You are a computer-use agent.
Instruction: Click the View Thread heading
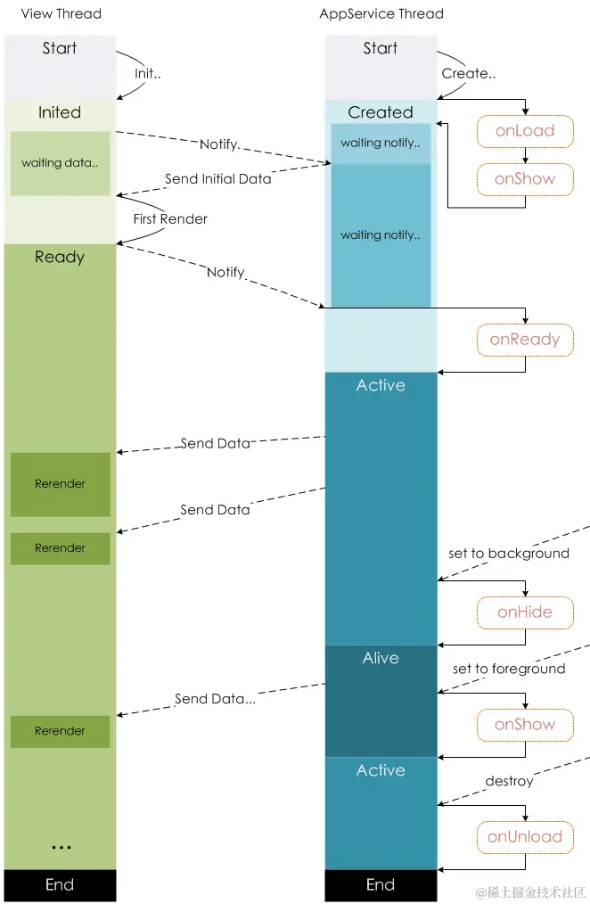click(61, 13)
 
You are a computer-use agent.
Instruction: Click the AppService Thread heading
click(381, 13)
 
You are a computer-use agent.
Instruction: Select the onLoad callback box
click(524, 130)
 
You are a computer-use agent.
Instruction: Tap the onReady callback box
click(524, 339)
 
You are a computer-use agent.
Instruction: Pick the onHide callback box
click(524, 612)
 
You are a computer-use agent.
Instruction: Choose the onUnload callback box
click(524, 836)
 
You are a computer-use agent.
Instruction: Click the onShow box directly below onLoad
click(524, 178)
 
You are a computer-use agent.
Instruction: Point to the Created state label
click(381, 112)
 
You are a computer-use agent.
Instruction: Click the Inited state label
click(60, 112)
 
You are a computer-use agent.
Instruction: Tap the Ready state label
click(60, 257)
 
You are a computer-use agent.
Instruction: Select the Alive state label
click(381, 658)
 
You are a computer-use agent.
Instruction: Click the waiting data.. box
click(60, 163)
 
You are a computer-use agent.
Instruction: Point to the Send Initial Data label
click(217, 178)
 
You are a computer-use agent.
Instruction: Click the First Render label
click(170, 218)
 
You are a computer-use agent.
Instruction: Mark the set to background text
click(508, 553)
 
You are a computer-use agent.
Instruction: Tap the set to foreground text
click(508, 669)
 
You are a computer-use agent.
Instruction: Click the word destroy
click(509, 781)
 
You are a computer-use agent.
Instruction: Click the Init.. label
click(148, 73)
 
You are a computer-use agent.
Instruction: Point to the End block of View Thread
click(60, 884)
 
